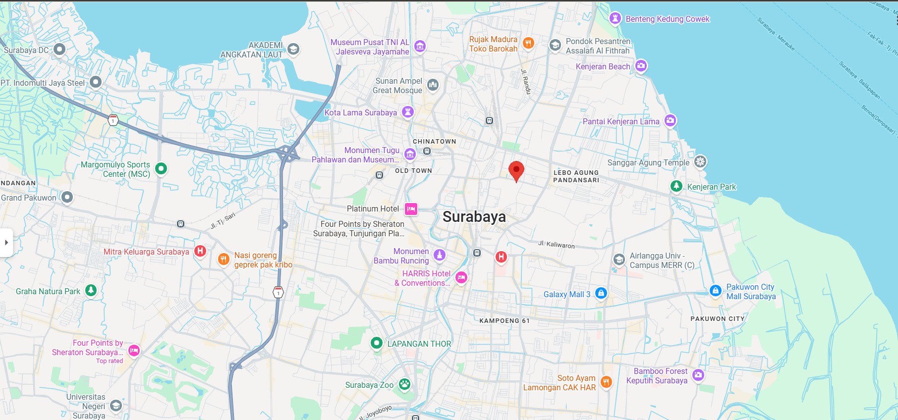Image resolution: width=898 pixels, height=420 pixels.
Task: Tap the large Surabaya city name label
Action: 474,217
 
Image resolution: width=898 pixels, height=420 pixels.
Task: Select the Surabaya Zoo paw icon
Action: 404,384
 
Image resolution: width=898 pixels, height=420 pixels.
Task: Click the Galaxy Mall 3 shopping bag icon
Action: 601,293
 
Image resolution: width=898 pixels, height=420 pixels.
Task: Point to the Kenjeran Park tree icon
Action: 676,186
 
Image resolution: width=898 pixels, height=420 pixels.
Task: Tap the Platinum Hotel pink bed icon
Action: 411,209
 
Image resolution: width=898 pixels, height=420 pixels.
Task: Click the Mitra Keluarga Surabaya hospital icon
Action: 200,251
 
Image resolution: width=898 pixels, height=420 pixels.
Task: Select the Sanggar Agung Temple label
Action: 648,162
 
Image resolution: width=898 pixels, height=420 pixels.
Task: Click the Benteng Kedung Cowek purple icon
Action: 615,19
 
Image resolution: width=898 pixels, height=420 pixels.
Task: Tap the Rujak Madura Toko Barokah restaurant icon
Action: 528,43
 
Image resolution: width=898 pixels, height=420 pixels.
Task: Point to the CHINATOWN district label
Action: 434,141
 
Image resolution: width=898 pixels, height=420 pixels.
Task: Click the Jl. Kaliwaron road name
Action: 556,245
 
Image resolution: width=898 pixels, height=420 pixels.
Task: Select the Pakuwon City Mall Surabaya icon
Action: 715,291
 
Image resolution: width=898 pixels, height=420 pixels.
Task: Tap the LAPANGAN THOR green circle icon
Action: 377,343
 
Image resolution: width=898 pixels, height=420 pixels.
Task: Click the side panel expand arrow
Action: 6,243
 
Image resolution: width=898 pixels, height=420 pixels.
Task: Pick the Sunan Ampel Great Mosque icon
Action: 433,85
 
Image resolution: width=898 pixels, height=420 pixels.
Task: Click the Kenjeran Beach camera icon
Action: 641,65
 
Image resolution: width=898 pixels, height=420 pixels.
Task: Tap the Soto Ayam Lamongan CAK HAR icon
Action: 606,382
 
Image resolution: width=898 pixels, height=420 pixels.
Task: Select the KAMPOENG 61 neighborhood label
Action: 504,320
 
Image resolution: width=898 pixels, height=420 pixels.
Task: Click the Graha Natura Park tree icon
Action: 91,290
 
